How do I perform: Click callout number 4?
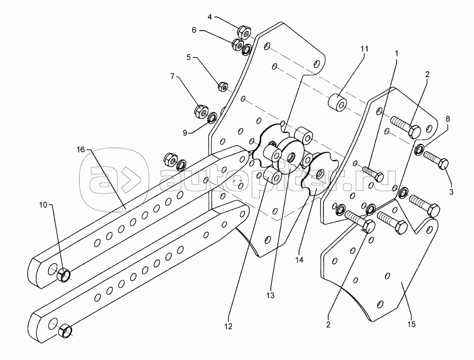click(x=210, y=17)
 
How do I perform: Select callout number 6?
click(x=194, y=30)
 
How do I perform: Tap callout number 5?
click(x=189, y=57)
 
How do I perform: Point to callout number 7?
click(x=172, y=76)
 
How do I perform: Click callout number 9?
click(x=185, y=132)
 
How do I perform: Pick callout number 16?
click(x=81, y=150)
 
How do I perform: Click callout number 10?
click(x=43, y=205)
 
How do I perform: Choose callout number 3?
click(x=451, y=191)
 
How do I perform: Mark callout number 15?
click(x=411, y=324)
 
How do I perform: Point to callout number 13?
click(x=271, y=295)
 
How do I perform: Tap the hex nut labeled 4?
click(x=244, y=31)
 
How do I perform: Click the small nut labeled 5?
click(x=223, y=86)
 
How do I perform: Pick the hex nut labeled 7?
click(x=201, y=111)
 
